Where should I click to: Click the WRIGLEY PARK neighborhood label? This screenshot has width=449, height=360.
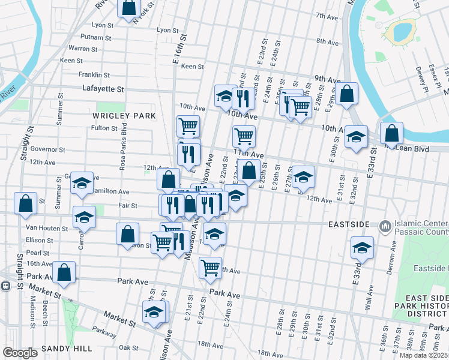click(x=124, y=115)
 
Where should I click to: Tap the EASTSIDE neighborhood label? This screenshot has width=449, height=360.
click(x=349, y=224)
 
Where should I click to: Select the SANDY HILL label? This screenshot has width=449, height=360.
click(x=67, y=349)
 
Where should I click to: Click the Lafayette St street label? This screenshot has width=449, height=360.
click(x=103, y=89)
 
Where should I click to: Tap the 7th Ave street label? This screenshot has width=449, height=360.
click(x=328, y=16)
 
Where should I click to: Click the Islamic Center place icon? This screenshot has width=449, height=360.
click(x=384, y=226)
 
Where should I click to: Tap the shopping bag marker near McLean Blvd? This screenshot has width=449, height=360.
click(x=391, y=134)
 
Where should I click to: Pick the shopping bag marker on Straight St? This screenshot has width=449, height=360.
click(x=26, y=204)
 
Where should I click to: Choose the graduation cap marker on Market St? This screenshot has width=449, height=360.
click(x=154, y=313)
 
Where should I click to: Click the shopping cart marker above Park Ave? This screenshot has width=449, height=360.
click(x=210, y=268)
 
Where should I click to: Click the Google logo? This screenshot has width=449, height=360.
click(x=20, y=353)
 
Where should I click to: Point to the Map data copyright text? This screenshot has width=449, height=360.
click(x=423, y=355)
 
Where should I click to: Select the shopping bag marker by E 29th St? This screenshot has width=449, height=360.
click(x=346, y=94)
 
